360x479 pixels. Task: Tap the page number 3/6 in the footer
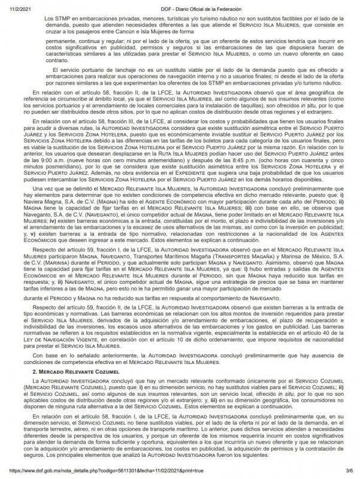tap(349, 473)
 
